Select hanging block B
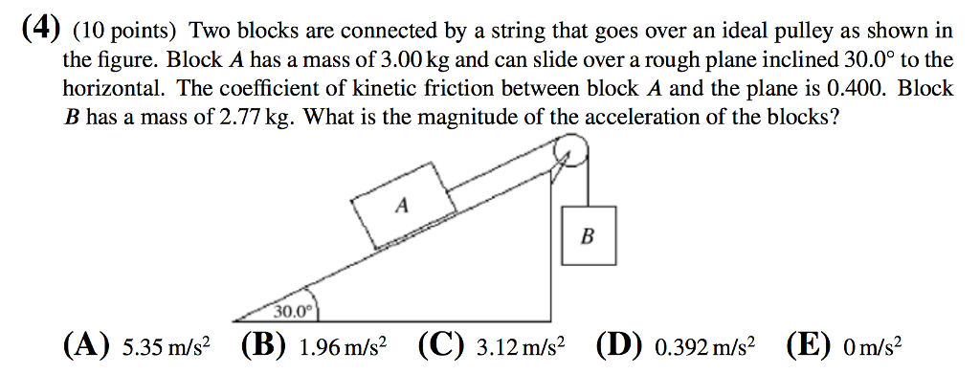point(587,234)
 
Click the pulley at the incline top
point(572,150)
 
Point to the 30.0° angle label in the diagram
point(293,311)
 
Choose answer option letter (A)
point(82,345)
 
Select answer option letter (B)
point(260,345)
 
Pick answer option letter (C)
point(435,345)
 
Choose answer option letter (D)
point(613,345)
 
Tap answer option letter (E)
point(803,345)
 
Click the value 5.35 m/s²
point(162,346)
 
